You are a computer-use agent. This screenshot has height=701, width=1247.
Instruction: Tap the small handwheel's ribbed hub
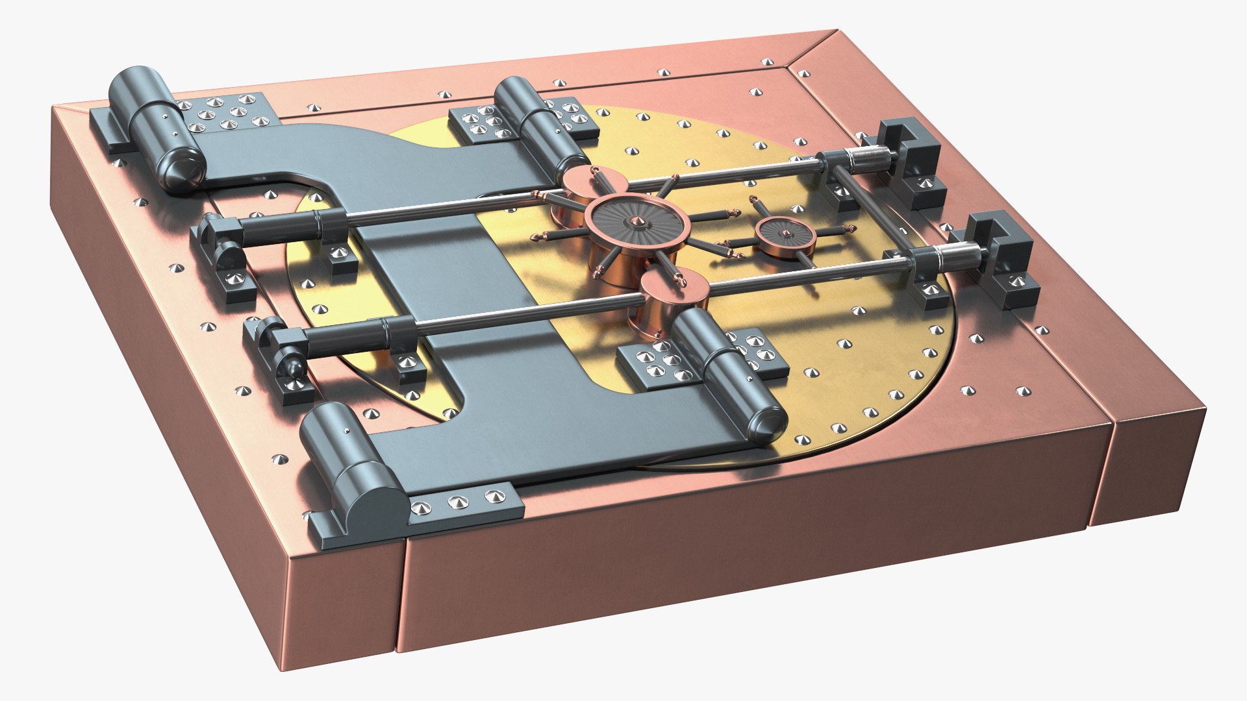(787, 234)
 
